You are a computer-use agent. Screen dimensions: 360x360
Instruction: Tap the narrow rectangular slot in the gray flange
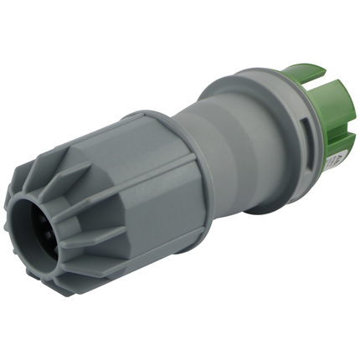(304, 134)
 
